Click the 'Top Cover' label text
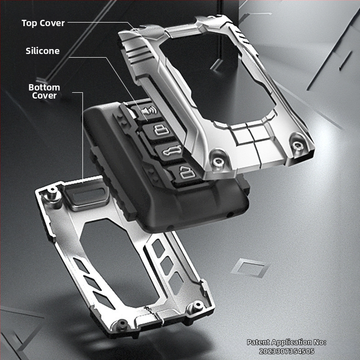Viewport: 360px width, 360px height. pos(43,23)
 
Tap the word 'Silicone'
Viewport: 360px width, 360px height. pos(42,51)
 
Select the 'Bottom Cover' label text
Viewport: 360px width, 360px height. pos(44,91)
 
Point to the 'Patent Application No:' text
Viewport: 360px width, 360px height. pos(287,342)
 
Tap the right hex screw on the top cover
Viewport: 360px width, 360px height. pos(297,145)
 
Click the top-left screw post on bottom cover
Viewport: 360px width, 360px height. pos(52,193)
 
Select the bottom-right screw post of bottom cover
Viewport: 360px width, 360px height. pos(197,306)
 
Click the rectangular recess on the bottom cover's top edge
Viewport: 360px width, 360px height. pos(87,195)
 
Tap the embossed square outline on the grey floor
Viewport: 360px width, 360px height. pos(250,268)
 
